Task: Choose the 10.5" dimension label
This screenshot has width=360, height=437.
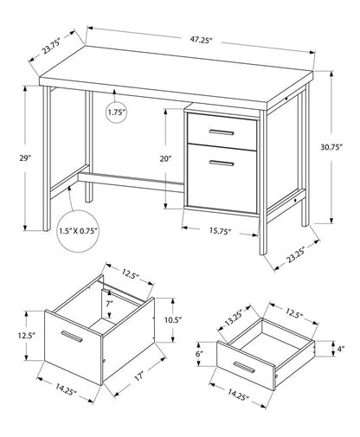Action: click(x=174, y=319)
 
